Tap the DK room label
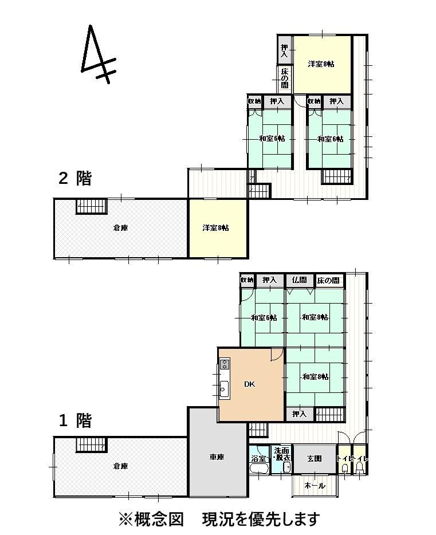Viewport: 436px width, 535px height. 249,384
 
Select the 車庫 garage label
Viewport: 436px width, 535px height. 217,457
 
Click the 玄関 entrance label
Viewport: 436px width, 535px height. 314,458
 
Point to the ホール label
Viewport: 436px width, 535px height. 315,485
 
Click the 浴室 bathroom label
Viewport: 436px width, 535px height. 258,459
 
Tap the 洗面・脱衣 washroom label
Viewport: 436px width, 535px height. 282,454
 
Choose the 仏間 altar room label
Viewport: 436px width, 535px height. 299,280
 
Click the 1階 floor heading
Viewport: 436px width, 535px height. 75,420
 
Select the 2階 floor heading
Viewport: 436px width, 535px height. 75,178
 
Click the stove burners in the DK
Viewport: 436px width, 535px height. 225,364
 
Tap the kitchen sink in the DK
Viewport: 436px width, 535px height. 224,388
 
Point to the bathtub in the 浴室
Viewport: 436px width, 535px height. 260,468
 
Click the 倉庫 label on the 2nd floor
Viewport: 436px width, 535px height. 120,227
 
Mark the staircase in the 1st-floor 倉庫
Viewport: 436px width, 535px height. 92,445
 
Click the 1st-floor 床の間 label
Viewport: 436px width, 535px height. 328,281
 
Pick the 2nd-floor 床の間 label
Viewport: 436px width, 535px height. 285,78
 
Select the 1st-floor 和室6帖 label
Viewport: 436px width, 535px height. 264,318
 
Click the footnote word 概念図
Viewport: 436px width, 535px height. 159,520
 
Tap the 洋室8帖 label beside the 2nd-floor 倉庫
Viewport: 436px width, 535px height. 215,227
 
